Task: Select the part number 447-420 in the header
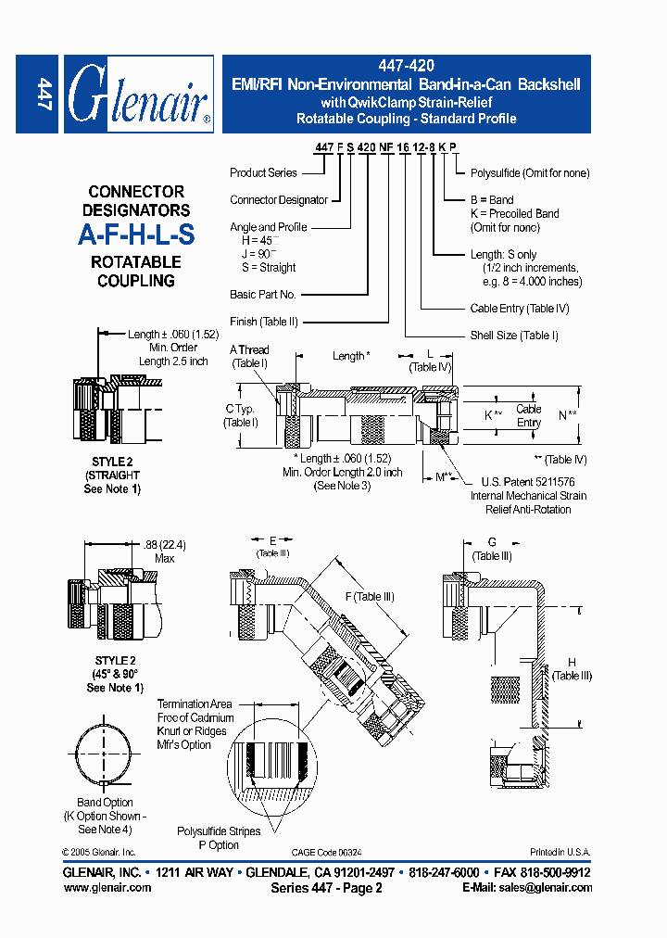[x=406, y=66]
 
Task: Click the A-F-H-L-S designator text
[x=136, y=235]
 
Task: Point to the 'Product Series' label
[x=263, y=172]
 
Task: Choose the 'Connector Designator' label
[x=279, y=199]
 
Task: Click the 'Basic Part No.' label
[x=263, y=295]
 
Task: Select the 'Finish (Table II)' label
[x=270, y=322]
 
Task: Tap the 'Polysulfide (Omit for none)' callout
[x=530, y=172]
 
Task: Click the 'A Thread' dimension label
[x=249, y=356]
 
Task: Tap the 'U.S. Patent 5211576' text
[x=527, y=482]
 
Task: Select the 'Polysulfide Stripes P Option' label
[x=219, y=838]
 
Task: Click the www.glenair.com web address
[x=107, y=887]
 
